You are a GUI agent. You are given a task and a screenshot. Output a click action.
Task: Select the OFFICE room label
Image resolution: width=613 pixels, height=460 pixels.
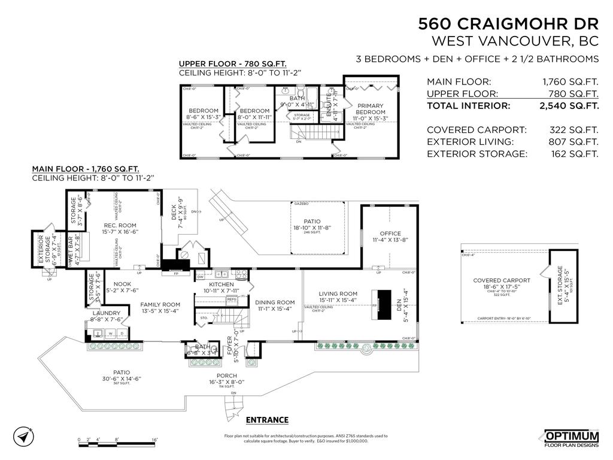click(x=390, y=234)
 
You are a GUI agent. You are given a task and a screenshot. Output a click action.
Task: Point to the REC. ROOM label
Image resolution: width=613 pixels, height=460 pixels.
click(x=116, y=226)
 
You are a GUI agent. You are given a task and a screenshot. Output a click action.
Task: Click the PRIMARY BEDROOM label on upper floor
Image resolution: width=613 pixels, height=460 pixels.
click(x=371, y=108)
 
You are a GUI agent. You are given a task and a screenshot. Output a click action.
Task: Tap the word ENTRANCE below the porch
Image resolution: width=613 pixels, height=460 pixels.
click(x=267, y=420)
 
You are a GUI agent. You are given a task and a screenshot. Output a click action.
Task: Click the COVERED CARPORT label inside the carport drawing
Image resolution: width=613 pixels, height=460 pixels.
click(x=502, y=280)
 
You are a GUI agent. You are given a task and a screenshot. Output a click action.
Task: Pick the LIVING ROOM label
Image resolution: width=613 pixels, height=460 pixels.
click(x=338, y=294)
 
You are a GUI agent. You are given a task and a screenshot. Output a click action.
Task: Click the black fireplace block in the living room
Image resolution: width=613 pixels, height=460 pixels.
click(x=383, y=298)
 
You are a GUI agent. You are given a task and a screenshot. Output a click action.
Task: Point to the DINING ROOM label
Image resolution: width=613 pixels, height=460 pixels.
click(x=275, y=302)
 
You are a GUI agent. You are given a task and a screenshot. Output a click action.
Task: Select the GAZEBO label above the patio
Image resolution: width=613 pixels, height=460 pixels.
click(x=301, y=204)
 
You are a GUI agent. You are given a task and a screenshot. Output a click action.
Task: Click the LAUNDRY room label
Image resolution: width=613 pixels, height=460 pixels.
click(x=107, y=313)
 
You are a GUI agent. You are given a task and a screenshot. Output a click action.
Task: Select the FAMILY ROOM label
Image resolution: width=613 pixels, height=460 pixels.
click(x=160, y=304)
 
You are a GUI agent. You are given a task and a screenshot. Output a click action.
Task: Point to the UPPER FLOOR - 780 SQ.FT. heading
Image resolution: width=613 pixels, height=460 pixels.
click(x=232, y=64)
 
